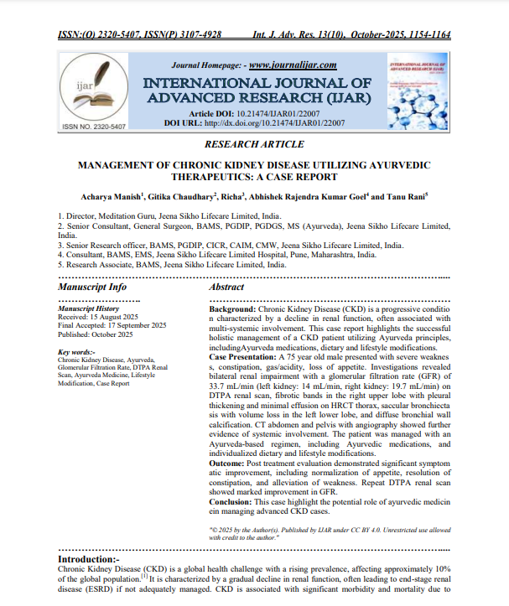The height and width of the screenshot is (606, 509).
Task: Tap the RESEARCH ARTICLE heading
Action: pos(254,144)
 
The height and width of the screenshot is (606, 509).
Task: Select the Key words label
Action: pos(76,351)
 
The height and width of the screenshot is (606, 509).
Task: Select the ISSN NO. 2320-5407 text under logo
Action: pos(93,127)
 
